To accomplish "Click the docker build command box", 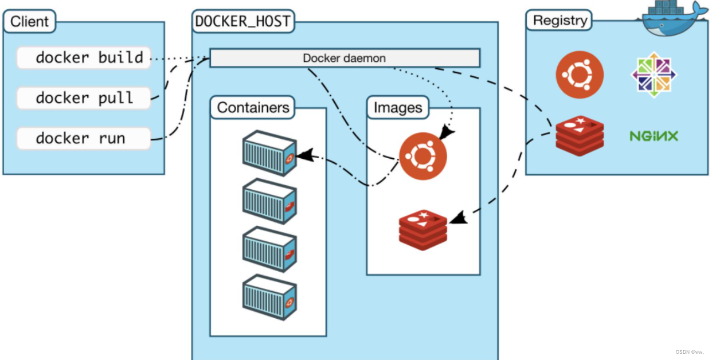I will [x=84, y=58].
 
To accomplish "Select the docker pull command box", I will [x=84, y=98].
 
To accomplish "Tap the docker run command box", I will [x=84, y=138].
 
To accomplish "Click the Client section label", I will [x=30, y=22].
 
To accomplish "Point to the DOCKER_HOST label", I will [x=243, y=22].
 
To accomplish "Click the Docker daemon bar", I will [x=345, y=58].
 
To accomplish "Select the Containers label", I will [x=253, y=107].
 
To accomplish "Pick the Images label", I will [x=397, y=107].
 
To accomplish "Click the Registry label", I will [x=560, y=21].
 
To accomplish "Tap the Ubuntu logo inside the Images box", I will [x=422, y=155].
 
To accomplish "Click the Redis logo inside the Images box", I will [x=423, y=229].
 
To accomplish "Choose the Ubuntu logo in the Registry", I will [x=580, y=75].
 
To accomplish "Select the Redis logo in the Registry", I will [x=580, y=135].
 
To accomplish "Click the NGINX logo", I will [x=654, y=136].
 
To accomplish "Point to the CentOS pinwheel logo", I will [x=654, y=75].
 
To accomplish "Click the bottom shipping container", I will [x=269, y=297].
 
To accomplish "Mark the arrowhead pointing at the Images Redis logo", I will [x=457, y=218].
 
